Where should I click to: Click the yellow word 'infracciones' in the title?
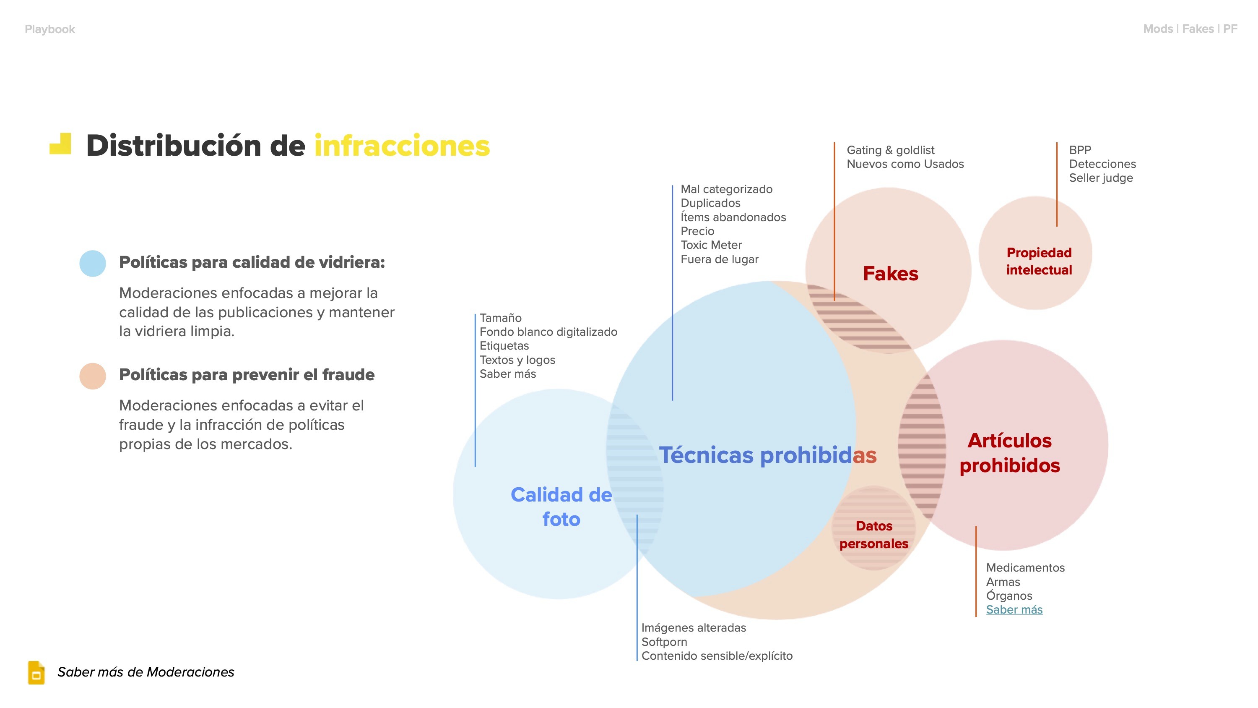401,146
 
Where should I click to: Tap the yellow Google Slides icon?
36,672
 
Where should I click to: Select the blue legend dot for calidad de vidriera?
93,264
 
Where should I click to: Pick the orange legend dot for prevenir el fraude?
93,376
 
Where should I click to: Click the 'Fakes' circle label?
890,274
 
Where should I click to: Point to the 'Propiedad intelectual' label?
1039,261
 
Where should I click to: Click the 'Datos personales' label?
873,535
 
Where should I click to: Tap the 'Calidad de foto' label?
561,507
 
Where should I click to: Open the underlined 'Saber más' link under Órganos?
1014,609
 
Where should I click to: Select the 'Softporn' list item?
664,642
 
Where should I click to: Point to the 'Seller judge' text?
1101,178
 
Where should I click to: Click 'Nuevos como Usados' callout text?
905,164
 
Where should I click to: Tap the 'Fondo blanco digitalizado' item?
548,332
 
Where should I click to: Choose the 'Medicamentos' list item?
1025,567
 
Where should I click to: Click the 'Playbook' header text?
50,29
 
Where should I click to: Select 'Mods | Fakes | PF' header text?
1190,29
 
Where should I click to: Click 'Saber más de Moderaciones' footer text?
146,672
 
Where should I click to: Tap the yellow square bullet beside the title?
60,144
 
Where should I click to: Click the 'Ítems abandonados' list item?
733,217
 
